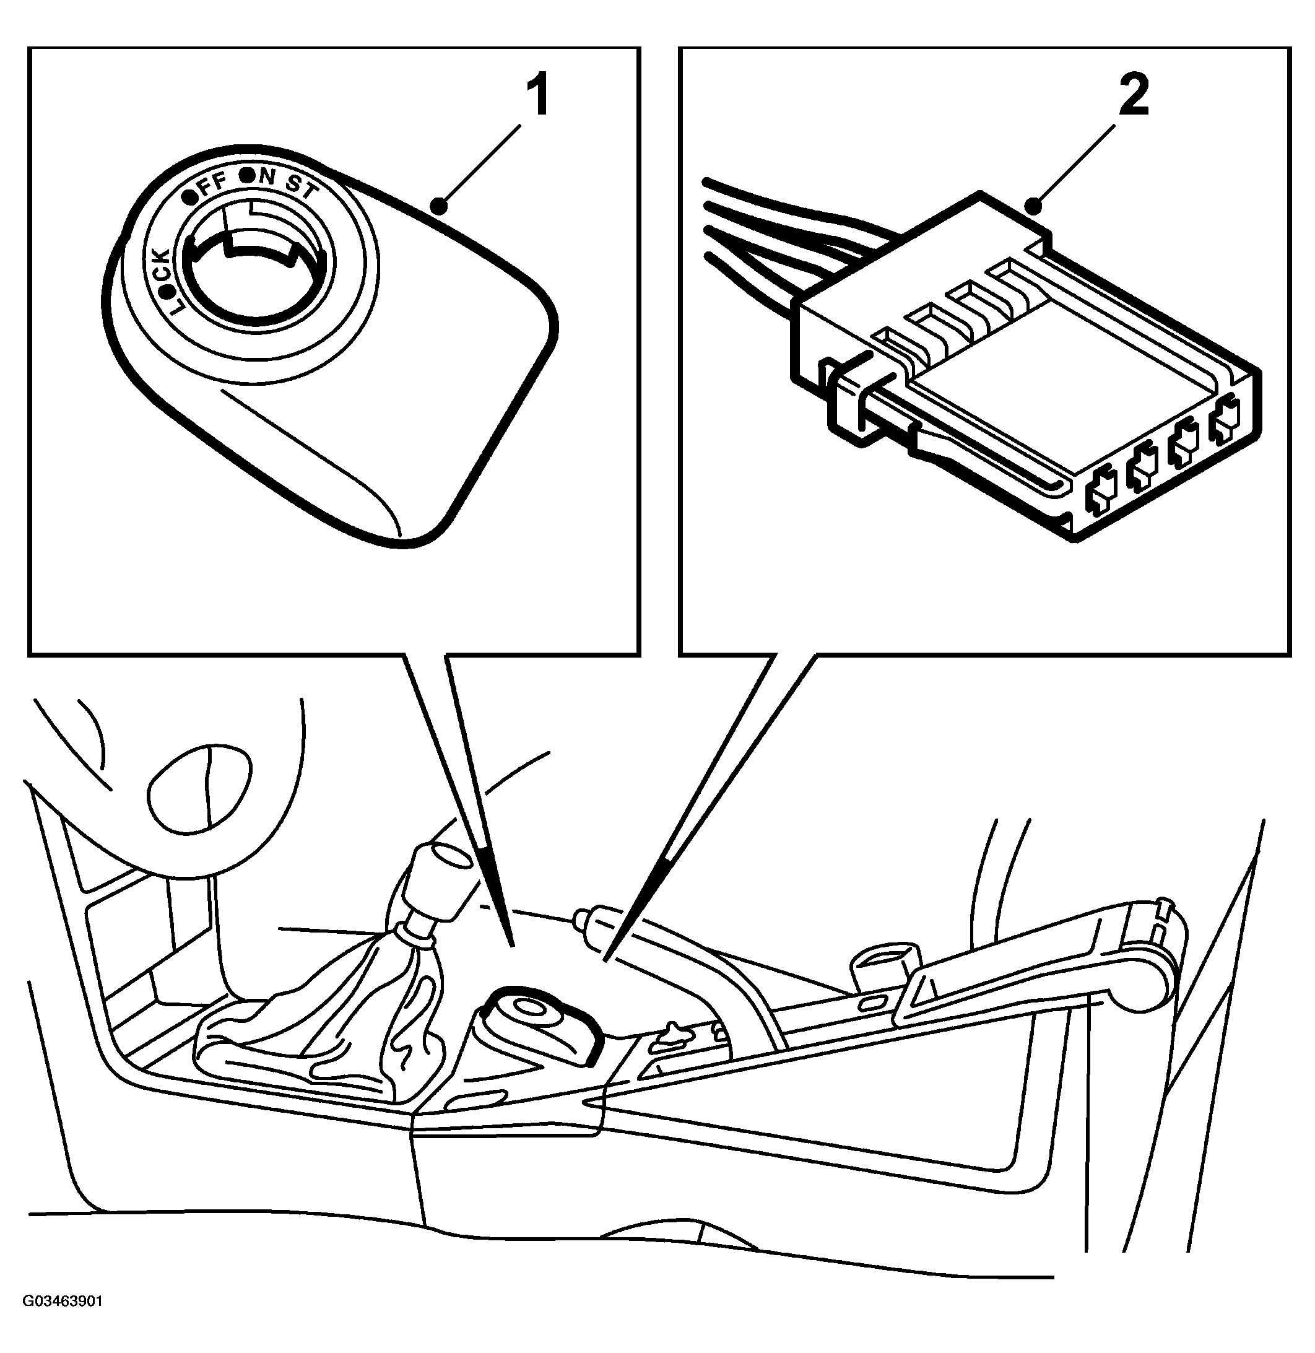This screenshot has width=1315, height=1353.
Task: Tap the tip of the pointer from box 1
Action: pos(513,944)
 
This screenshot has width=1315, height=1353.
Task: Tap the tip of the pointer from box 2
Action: pos(605,960)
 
